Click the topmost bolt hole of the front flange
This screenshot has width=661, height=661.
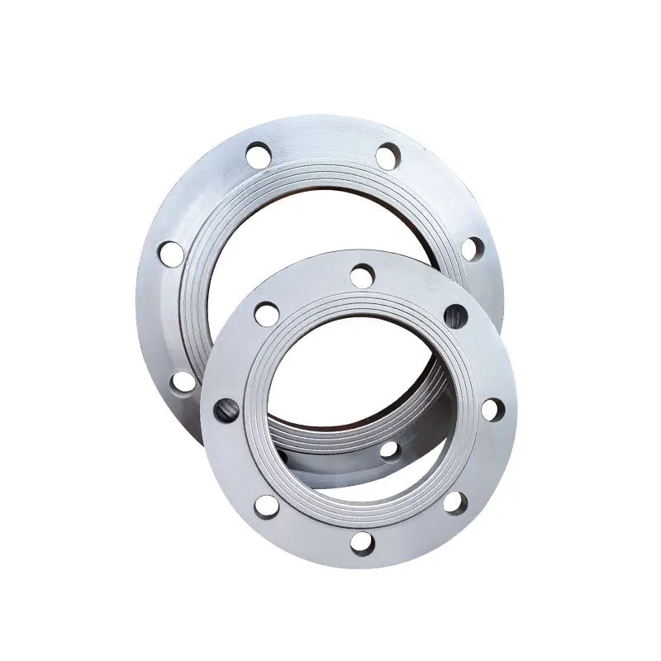click(362, 275)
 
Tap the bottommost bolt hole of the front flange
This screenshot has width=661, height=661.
click(361, 542)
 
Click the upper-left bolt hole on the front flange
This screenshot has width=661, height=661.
click(265, 312)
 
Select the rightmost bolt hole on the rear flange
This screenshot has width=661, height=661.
click(472, 249)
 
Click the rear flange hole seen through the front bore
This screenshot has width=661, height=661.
click(389, 450)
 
